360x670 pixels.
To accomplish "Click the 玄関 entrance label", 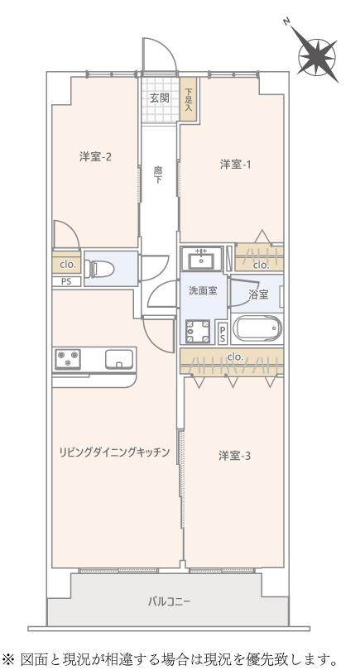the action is point(159,98).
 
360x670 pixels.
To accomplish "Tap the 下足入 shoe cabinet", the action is point(189,98).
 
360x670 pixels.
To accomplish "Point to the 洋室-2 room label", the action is point(96,157).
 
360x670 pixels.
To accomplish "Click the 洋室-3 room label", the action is point(235,456).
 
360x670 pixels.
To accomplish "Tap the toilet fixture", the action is point(99,269).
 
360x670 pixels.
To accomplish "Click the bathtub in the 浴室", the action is point(257,329).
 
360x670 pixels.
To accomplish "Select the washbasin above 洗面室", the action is point(201,259).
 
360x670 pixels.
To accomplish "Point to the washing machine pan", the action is point(198,331).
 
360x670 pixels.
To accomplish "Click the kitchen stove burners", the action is point(68,359).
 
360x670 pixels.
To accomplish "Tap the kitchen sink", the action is point(119,359).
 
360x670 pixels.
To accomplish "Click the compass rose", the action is point(317,55).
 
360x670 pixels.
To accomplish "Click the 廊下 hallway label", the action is point(158,175).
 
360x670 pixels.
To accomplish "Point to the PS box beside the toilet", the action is point(66,281).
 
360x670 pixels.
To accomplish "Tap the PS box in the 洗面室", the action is point(223,332).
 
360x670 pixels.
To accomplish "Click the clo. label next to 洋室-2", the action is point(67,264).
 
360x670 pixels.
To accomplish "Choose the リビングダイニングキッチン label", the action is point(115,452).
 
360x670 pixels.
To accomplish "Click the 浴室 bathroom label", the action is point(259,294).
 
